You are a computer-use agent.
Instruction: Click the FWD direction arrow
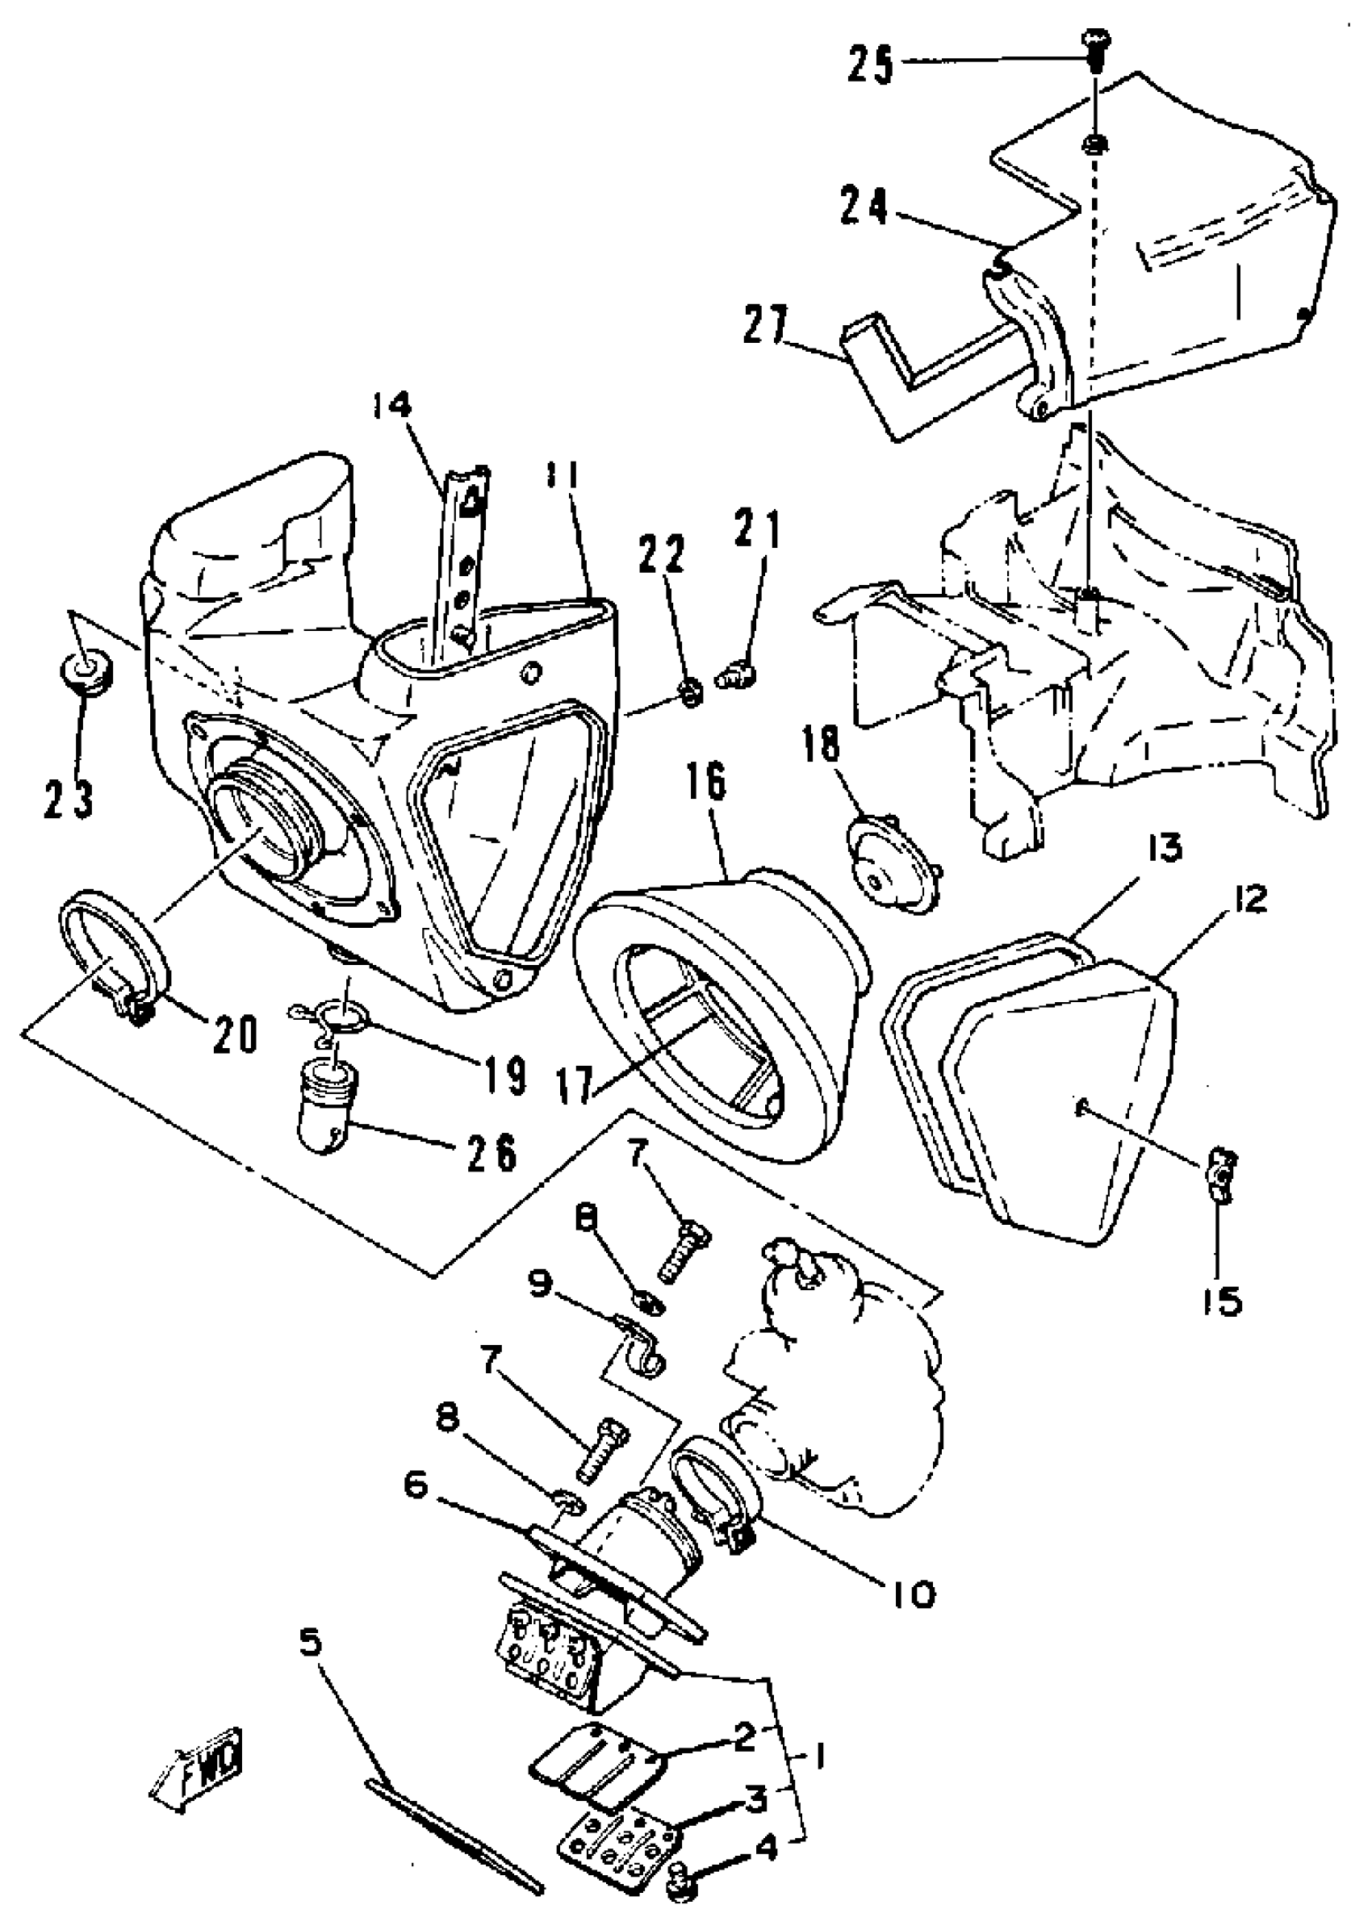[x=195, y=1771]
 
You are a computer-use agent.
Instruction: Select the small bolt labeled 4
[x=680, y=1872]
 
